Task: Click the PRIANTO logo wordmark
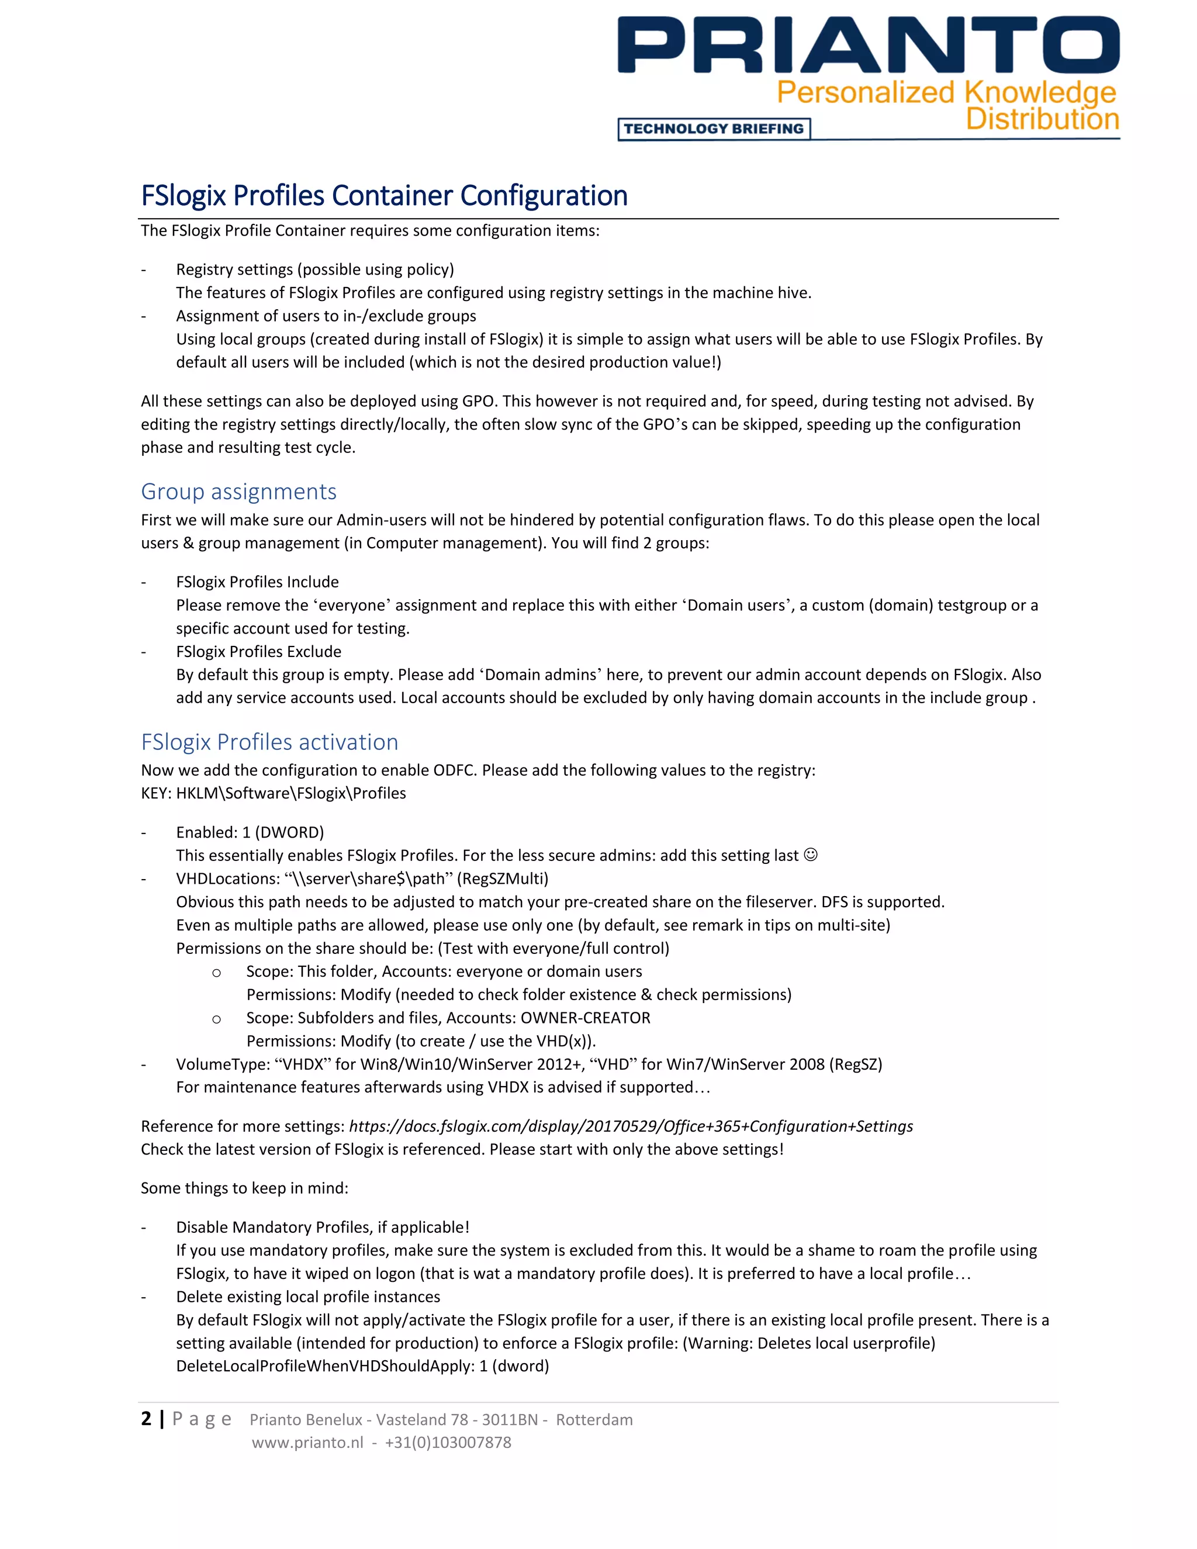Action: click(x=868, y=46)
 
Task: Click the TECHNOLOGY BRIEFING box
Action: click(x=714, y=129)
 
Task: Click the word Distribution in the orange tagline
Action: click(x=1042, y=119)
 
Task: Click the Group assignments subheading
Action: click(x=238, y=492)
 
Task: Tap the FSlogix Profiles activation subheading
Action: click(x=269, y=742)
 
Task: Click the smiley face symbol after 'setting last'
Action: click(x=811, y=855)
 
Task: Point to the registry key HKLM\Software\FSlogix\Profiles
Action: click(x=290, y=794)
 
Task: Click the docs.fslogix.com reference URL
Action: click(x=631, y=1126)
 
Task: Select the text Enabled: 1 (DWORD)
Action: click(x=250, y=832)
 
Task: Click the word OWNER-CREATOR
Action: click(x=585, y=1018)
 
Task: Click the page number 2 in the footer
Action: click(x=146, y=1419)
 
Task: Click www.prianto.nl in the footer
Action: click(x=307, y=1443)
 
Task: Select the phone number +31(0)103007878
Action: click(x=448, y=1443)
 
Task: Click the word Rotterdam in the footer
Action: click(x=594, y=1420)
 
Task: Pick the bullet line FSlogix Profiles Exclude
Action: click(x=258, y=652)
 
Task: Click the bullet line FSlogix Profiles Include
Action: click(x=257, y=582)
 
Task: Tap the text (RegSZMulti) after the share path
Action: click(x=502, y=879)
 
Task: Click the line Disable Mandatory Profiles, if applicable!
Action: click(x=323, y=1227)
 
